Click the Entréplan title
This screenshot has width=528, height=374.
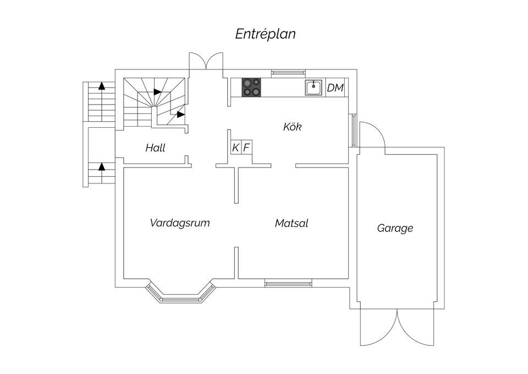pyautogui.click(x=265, y=34)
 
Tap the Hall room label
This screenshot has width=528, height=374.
pyautogui.click(x=155, y=148)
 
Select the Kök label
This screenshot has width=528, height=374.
pyautogui.click(x=292, y=127)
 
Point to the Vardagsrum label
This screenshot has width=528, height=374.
pyautogui.click(x=180, y=223)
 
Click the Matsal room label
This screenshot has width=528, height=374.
pyautogui.click(x=291, y=223)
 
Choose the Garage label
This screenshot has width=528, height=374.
pyautogui.click(x=395, y=229)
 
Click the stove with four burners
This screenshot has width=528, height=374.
pyautogui.click(x=251, y=87)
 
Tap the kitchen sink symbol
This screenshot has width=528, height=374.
pyautogui.click(x=313, y=88)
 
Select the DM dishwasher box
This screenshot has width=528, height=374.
pyautogui.click(x=335, y=88)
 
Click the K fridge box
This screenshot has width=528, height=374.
pyautogui.click(x=236, y=148)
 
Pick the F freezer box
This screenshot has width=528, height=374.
pyautogui.click(x=247, y=148)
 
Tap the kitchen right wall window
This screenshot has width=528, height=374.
pyautogui.click(x=353, y=130)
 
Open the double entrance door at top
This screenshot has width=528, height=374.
pyautogui.click(x=206, y=61)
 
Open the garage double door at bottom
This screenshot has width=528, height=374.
pyautogui.click(x=397, y=327)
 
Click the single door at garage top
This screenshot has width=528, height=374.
pyautogui.click(x=372, y=135)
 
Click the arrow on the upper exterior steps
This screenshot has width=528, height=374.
pyautogui.click(x=101, y=85)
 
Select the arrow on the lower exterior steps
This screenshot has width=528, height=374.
pyautogui.click(x=101, y=166)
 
